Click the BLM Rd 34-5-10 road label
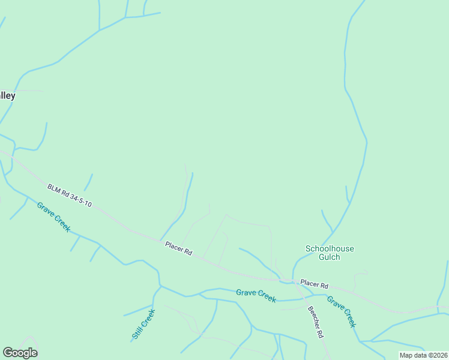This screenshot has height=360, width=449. coord(70,196)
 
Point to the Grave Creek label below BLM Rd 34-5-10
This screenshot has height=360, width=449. coord(53,217)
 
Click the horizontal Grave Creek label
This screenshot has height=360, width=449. coord(256,294)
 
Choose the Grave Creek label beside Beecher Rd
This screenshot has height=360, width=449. coord(342,311)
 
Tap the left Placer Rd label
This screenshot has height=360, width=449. coord(179,248)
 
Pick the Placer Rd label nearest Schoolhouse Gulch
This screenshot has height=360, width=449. coord(315,283)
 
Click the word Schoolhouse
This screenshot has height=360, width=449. coord(330,248)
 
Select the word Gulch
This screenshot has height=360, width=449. coord(330,257)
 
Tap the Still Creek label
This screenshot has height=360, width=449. coord(143,325)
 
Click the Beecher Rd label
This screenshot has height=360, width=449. coord(316,322)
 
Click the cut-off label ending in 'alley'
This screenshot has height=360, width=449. coord(7,95)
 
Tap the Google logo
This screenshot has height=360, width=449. coord(20,352)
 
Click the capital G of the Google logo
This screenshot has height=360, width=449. coord(7,352)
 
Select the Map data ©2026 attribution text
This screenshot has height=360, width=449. coord(423,355)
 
